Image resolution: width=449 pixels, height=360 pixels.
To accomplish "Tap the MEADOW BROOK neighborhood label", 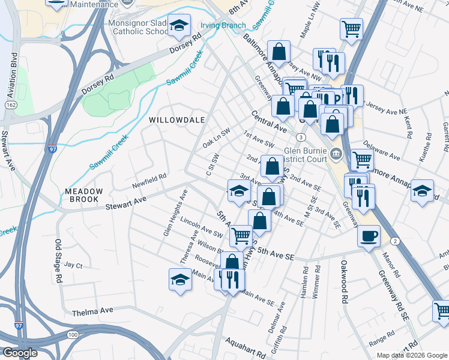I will pyautogui.click(x=84, y=196).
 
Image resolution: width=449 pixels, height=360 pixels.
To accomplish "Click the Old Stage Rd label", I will pyautogui.click(x=58, y=261).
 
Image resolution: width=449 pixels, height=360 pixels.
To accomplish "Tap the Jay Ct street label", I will pyautogui.click(x=73, y=265).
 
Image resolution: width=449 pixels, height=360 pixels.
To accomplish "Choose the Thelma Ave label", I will pyautogui.click(x=92, y=311).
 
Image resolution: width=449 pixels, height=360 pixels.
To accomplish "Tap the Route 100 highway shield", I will pyautogui.click(x=73, y=334).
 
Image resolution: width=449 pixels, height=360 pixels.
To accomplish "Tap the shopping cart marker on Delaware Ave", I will pyautogui.click(x=362, y=160).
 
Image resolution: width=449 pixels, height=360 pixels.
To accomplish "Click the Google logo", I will pyautogui.click(x=20, y=353).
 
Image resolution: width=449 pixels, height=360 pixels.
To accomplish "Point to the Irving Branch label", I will pyautogui.click(x=223, y=25).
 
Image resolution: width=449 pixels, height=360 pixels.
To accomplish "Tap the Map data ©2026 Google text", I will pyautogui.click(x=412, y=355).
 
